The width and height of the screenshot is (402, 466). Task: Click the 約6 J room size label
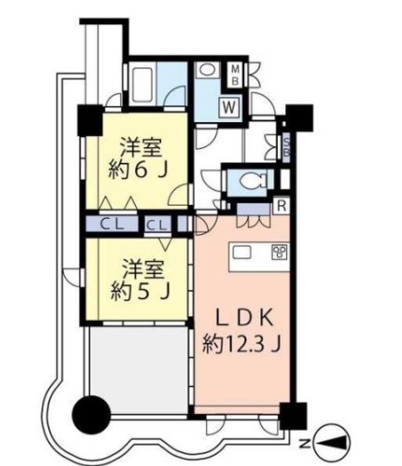pyautogui.click(x=136, y=170)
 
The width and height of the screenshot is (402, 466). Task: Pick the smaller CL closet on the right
pyautogui.click(x=158, y=224)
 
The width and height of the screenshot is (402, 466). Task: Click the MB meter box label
pyautogui.click(x=237, y=74)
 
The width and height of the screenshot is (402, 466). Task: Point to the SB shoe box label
pyautogui.click(x=286, y=144)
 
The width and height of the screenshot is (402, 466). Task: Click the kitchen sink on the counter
pyautogui.click(x=243, y=252)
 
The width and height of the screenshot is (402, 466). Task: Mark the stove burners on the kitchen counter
pyautogui.click(x=277, y=252)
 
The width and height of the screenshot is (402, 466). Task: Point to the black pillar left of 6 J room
pyautogui.click(x=90, y=120)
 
